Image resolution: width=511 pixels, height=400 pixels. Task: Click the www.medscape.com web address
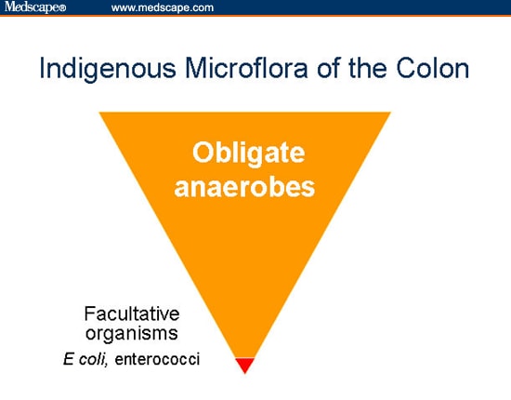(x=163, y=7)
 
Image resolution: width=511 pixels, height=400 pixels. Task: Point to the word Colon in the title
(x=433, y=70)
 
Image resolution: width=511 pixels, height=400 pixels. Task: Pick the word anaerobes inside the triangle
(x=245, y=186)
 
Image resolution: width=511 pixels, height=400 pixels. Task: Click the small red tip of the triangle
(x=245, y=365)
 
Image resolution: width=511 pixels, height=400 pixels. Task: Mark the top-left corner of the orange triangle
(x=101, y=113)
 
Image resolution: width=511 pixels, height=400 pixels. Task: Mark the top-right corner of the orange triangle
(x=390, y=113)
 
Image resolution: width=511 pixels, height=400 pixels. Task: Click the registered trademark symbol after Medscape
(x=63, y=8)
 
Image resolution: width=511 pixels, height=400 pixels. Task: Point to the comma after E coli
(x=116, y=361)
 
